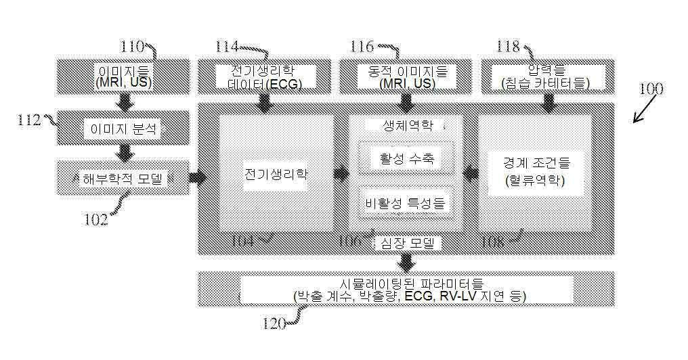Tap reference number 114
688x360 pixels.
(x=227, y=47)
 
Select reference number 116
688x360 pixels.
(x=362, y=47)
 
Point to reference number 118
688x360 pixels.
(x=507, y=47)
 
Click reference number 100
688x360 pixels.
(x=651, y=89)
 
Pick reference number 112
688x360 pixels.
(x=30, y=120)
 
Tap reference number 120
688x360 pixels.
(x=274, y=322)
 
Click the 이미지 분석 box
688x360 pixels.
(x=123, y=129)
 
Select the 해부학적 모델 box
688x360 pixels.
(x=123, y=179)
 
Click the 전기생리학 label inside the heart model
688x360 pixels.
(x=276, y=173)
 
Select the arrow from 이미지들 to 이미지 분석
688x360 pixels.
(x=124, y=102)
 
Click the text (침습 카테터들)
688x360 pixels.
(x=546, y=83)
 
